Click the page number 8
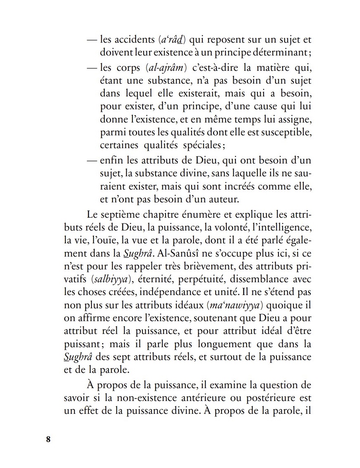(x=48, y=439)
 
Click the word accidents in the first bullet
(x=133, y=41)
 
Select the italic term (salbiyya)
(x=108, y=278)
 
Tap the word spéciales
(x=201, y=145)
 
